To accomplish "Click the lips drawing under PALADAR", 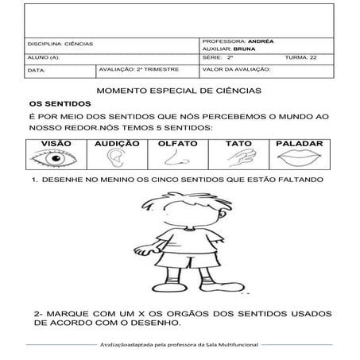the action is [300, 160].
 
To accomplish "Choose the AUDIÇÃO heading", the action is [117, 145].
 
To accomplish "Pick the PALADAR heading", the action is [300, 145].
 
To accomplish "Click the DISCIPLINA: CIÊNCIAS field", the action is [60, 44].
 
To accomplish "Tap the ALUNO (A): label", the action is [44, 57].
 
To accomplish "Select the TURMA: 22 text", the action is [300, 57].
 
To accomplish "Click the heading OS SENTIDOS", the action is [60, 103].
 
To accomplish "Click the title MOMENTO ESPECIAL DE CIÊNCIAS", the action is [180, 92].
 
